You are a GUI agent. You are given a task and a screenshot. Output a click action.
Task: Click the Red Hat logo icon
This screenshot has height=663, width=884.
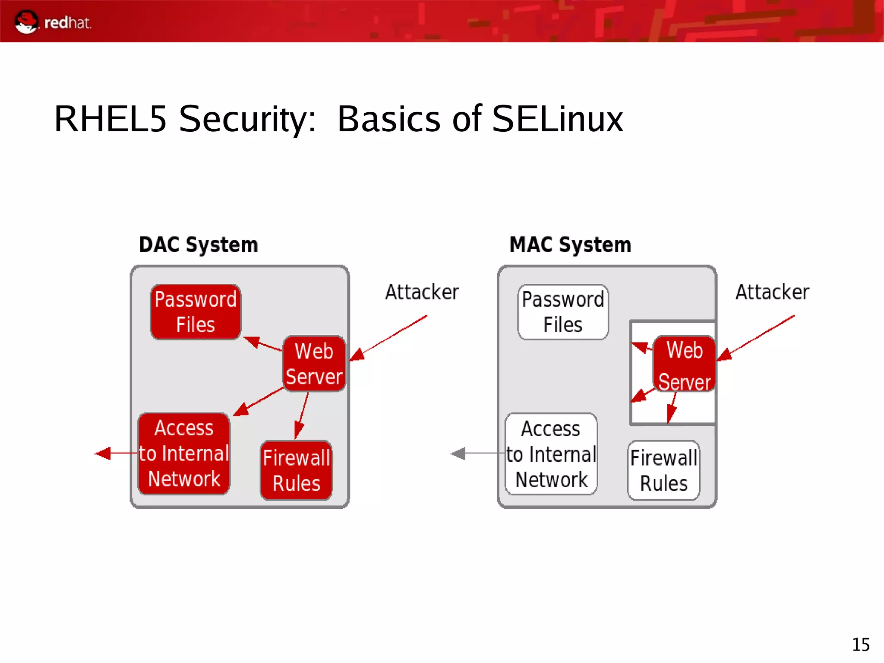pos(26,22)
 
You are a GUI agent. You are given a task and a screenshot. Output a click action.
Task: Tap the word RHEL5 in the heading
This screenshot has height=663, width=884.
pos(110,119)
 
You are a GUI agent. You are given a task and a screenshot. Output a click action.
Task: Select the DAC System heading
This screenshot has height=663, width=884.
pos(198,245)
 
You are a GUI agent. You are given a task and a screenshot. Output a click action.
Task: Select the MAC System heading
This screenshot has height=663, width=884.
pos(570,245)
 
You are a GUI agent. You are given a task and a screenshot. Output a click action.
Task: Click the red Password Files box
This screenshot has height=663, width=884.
pos(196,312)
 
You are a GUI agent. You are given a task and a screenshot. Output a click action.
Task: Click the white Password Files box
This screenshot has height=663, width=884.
pos(563,312)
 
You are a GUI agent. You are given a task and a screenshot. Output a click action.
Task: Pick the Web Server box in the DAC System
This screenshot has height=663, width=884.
pos(314,364)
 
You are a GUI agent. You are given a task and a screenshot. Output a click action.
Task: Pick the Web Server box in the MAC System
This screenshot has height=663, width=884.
pos(684,364)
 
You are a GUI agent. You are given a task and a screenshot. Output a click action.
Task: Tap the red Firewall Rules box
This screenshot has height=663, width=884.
pos(297,470)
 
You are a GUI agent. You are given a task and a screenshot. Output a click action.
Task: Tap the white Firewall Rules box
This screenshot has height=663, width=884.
pos(663,470)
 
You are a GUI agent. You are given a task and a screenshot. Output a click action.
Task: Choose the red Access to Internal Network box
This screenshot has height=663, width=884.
pos(184,454)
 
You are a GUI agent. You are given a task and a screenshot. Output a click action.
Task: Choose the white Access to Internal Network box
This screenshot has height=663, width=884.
pos(551,454)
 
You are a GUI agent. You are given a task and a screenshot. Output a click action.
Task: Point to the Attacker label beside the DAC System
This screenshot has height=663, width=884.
pos(422,292)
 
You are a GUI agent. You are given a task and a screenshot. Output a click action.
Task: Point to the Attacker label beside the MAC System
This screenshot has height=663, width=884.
pos(772,292)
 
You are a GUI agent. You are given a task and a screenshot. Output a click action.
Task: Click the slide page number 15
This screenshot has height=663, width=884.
pos(860,645)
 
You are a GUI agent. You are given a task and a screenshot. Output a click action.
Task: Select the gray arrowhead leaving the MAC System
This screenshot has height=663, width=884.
pos(458,454)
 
